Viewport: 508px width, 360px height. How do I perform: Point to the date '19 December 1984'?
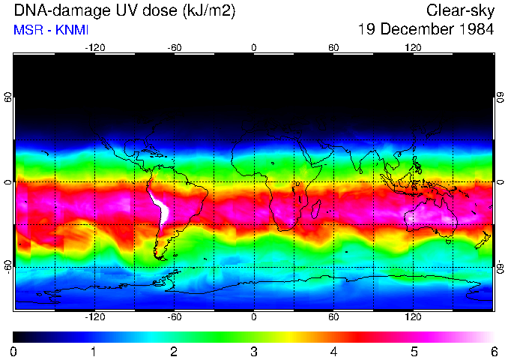tap(426, 30)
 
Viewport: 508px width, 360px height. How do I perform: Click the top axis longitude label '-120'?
tap(94, 48)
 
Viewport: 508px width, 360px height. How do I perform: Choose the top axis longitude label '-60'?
tap(175, 48)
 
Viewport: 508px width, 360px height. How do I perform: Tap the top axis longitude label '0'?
tap(254, 48)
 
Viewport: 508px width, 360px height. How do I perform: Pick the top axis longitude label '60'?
tap(333, 48)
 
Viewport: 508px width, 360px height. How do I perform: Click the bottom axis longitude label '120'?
tap(413, 316)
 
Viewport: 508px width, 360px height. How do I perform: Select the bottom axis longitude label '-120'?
tap(94, 316)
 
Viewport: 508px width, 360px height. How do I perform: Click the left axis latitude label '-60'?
tap(7, 266)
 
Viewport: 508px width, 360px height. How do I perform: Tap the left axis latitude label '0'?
tap(7, 182)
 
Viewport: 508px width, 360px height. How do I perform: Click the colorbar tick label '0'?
tap(14, 351)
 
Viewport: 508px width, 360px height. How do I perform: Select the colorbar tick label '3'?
tap(253, 351)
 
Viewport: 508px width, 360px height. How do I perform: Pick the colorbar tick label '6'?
tap(493, 351)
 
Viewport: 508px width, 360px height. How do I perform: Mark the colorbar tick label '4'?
tap(333, 351)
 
